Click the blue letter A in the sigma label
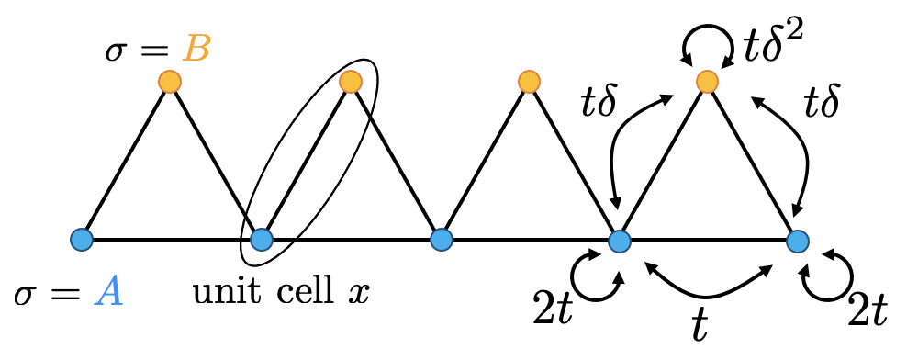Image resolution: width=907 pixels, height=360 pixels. (x=110, y=296)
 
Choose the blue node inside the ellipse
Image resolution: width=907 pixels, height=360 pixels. (x=262, y=240)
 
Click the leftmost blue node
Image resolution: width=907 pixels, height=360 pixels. (x=82, y=240)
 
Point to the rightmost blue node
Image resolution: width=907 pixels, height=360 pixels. (x=798, y=241)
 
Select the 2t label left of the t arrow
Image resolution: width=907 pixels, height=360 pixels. (x=554, y=315)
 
